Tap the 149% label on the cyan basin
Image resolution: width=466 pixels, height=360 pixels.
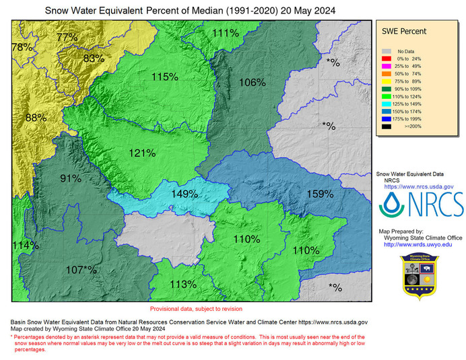coord(184,194)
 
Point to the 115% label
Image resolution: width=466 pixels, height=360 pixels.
coord(164,77)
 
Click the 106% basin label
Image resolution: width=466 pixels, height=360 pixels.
coord(252,82)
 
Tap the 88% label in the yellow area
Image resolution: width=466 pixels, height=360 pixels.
coord(36,117)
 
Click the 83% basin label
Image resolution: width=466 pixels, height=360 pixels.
coord(93,59)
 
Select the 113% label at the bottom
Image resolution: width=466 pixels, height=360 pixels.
coord(183,284)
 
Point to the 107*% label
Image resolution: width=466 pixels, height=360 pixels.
coord(81,270)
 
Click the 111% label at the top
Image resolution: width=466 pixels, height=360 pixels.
coord(225,33)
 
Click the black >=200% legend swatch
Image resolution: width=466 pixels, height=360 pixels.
coord(387,126)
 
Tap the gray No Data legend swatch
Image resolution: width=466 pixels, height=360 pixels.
coord(387,51)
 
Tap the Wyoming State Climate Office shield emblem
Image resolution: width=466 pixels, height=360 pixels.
coord(421,276)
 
